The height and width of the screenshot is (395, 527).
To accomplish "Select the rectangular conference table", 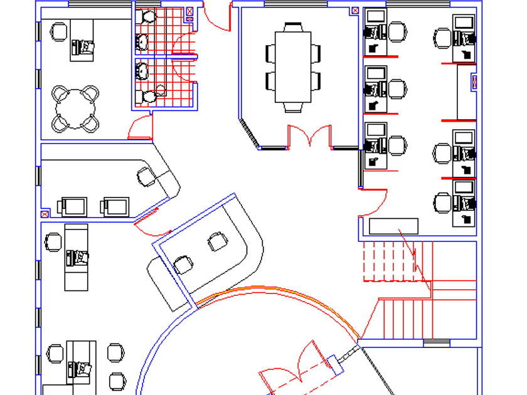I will [292, 66].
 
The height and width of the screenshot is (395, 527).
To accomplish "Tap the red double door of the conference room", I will [309, 136].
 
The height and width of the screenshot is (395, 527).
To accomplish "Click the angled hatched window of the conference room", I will [250, 134].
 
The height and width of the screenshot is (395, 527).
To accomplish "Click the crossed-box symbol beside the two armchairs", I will [45, 214].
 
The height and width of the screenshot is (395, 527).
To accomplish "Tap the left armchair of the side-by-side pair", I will [73, 206].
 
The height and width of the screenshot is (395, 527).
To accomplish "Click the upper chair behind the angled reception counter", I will [217, 241].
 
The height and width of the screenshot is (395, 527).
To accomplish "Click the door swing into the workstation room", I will [375, 204].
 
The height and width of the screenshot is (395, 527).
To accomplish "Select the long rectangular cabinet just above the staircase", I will [393, 226].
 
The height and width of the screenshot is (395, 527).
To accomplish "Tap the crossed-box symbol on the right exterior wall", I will [474, 82].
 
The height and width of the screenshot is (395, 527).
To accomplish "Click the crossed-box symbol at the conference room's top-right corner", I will [355, 11].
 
